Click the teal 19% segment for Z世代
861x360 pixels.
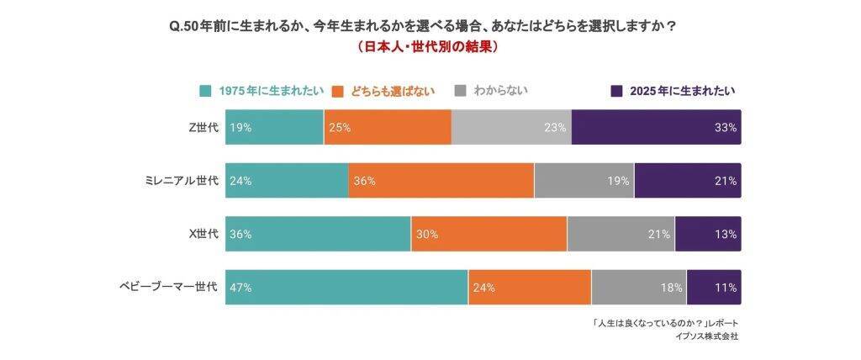[274, 127]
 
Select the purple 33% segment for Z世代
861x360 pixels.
[656, 127]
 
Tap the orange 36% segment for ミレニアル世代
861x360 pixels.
[441, 180]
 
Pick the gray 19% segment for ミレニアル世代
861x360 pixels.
[584, 180]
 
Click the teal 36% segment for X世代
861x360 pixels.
[318, 234]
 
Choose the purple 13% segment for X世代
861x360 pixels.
[707, 234]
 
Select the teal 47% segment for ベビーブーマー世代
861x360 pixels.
[346, 287]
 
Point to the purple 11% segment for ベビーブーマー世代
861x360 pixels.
[713, 287]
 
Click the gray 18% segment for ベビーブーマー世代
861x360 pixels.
[638, 287]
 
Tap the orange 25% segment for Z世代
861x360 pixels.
[388, 127]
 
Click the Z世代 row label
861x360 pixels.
[203, 127]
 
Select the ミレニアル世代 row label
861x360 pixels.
[182, 180]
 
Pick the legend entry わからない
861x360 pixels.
[493, 90]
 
